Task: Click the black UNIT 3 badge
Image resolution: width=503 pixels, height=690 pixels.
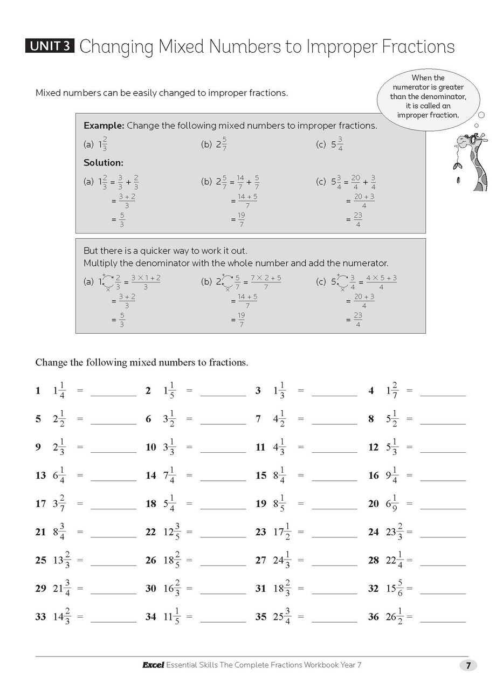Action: (50, 46)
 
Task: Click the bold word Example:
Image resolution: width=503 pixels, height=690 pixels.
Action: (104, 126)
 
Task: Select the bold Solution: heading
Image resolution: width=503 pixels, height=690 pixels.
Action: (103, 162)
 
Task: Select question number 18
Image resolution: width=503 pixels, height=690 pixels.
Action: (150, 503)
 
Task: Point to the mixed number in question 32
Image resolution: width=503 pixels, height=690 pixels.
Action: (394, 588)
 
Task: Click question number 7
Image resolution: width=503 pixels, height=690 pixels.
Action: (258, 419)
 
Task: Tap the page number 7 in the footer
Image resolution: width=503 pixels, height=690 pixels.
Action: (468, 665)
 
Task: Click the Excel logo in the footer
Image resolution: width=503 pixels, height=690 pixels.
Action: (153, 665)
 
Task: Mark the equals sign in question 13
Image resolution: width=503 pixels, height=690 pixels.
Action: (80, 475)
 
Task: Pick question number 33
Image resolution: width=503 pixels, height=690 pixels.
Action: (40, 617)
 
